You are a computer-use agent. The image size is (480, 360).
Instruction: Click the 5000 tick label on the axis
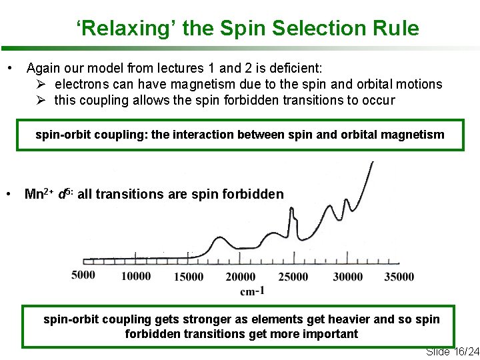click(x=83, y=275)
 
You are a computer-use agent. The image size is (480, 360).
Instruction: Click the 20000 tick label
click(x=240, y=277)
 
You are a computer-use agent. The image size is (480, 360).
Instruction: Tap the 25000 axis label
click(x=293, y=277)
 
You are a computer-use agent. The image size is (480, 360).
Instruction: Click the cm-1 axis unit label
click(x=253, y=291)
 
